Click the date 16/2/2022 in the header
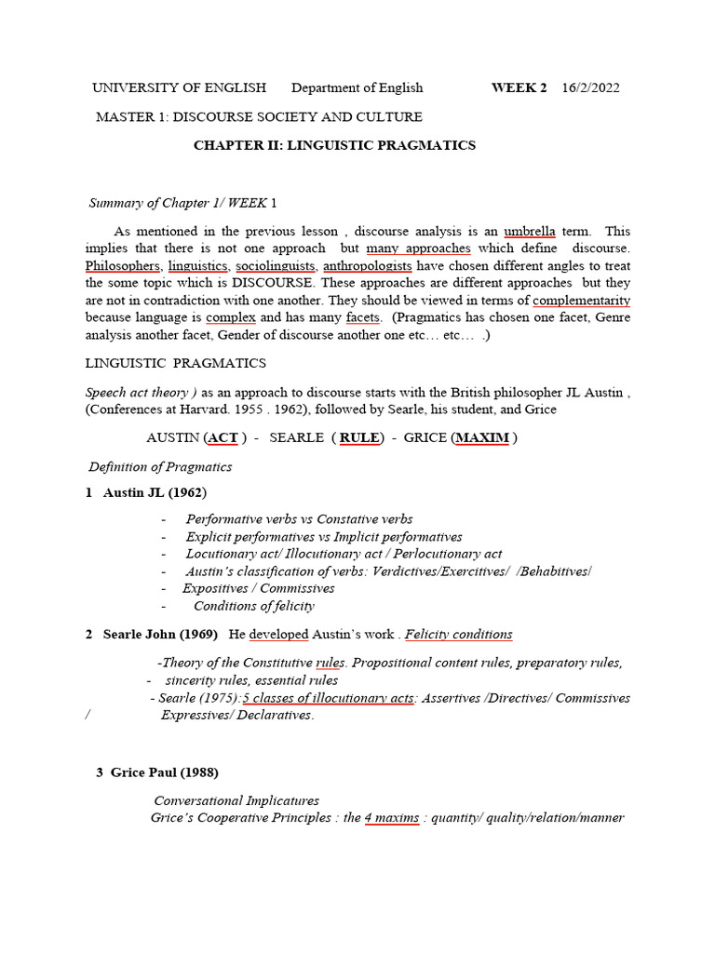coord(591,88)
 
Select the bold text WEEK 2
coord(519,88)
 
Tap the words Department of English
coord(357,88)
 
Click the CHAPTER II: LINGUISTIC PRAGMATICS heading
coord(334,145)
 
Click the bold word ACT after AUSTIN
coord(223,438)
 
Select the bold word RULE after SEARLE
coord(359,438)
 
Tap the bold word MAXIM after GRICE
coord(481,438)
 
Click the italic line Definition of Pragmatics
coord(160,467)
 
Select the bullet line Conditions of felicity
coord(253,606)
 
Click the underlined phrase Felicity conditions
coord(458,635)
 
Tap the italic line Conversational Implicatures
coord(236,800)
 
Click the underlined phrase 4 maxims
coord(391,818)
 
